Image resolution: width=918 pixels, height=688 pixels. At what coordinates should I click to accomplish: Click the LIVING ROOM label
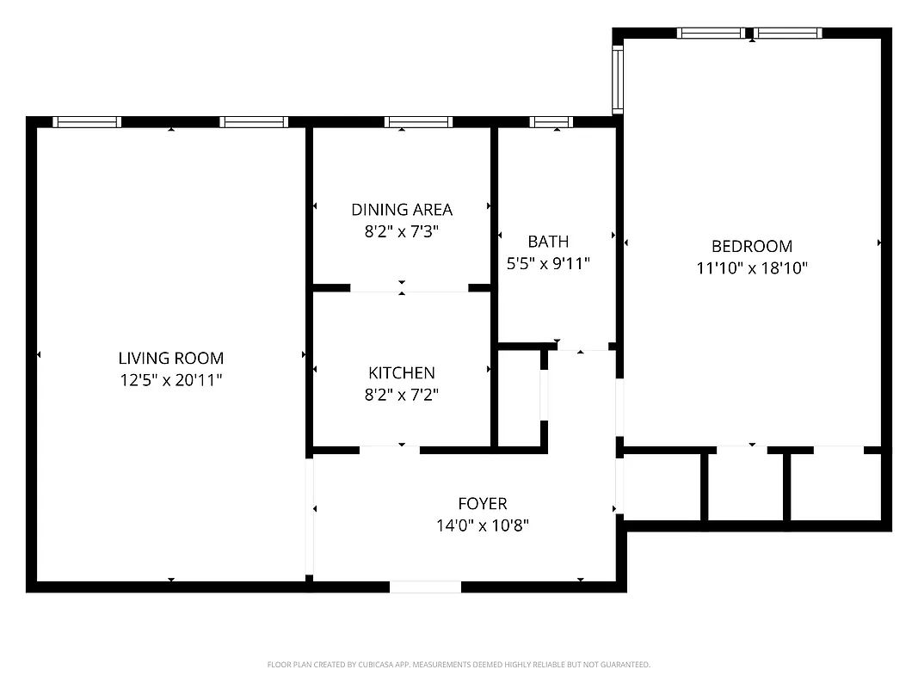(170, 358)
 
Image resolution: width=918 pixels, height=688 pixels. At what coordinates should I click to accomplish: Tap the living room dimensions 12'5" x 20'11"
(170, 380)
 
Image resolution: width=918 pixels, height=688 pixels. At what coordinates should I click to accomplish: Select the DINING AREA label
(401, 209)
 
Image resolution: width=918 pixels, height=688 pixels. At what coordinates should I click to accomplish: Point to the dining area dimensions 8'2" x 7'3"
(401, 231)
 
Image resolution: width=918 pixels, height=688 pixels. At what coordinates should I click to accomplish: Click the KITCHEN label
(401, 372)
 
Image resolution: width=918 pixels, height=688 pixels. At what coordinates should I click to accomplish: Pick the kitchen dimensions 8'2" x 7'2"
(401, 395)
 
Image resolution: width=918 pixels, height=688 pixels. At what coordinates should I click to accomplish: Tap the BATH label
(548, 242)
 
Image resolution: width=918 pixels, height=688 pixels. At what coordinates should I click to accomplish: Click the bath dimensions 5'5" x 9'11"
(548, 264)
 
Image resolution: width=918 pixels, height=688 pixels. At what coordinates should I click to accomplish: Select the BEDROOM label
(751, 246)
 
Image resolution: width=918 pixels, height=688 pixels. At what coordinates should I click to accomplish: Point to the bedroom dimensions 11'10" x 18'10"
(751, 268)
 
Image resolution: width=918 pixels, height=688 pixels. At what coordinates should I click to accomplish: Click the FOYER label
(482, 503)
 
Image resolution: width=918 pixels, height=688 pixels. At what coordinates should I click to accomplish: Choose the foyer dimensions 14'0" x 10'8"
(482, 525)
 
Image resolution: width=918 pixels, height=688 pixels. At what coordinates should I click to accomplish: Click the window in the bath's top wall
(551, 122)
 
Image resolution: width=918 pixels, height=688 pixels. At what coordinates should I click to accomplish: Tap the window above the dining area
(418, 122)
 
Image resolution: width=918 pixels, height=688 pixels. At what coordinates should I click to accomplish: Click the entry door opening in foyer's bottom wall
(425, 587)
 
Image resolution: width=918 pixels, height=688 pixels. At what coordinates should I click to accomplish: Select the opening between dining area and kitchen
(409, 288)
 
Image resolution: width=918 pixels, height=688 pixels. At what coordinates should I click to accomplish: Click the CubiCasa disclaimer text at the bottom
(459, 665)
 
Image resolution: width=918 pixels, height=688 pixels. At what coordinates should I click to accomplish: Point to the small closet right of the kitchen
(519, 397)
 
